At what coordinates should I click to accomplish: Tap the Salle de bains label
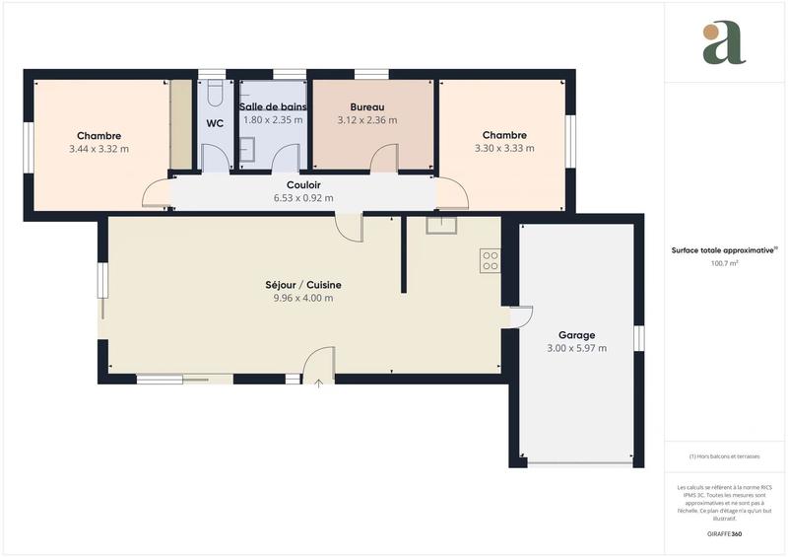click(x=274, y=106)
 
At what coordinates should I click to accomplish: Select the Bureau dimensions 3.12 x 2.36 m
click(x=366, y=120)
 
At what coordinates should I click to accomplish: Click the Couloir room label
click(x=303, y=184)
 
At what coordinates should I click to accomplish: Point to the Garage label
click(x=576, y=335)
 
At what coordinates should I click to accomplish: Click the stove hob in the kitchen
click(x=491, y=260)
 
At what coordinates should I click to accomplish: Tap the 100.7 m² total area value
click(x=725, y=264)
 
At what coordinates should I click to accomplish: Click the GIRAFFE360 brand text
click(x=724, y=533)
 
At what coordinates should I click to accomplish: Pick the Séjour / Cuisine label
click(x=302, y=285)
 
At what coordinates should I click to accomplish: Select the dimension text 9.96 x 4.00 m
click(x=302, y=298)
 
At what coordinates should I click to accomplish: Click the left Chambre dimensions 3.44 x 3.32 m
click(x=98, y=149)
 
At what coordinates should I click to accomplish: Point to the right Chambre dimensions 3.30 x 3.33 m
click(x=504, y=149)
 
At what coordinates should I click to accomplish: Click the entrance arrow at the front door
click(x=318, y=383)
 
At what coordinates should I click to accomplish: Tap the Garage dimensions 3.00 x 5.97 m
click(x=576, y=348)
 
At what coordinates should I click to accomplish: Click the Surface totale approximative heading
click(x=724, y=250)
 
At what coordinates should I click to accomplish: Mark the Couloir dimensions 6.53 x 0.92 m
click(x=303, y=197)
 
